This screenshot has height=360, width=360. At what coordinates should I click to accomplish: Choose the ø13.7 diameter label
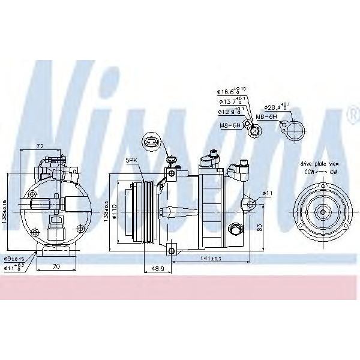pyautogui.click(x=229, y=101)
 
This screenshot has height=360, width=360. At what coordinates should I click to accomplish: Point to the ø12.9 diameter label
pyautogui.click(x=229, y=112)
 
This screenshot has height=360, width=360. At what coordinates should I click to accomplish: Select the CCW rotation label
pyautogui.click(x=308, y=171)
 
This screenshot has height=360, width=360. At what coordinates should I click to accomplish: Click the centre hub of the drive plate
pyautogui.click(x=322, y=211)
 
